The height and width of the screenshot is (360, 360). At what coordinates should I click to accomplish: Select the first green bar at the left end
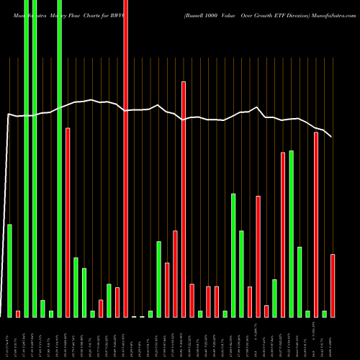point(10,270)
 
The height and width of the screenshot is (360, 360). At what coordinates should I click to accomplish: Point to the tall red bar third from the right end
point(316,224)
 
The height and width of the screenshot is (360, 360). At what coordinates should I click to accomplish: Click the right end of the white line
point(331,136)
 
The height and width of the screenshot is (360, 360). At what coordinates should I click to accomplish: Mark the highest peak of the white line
point(90,100)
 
